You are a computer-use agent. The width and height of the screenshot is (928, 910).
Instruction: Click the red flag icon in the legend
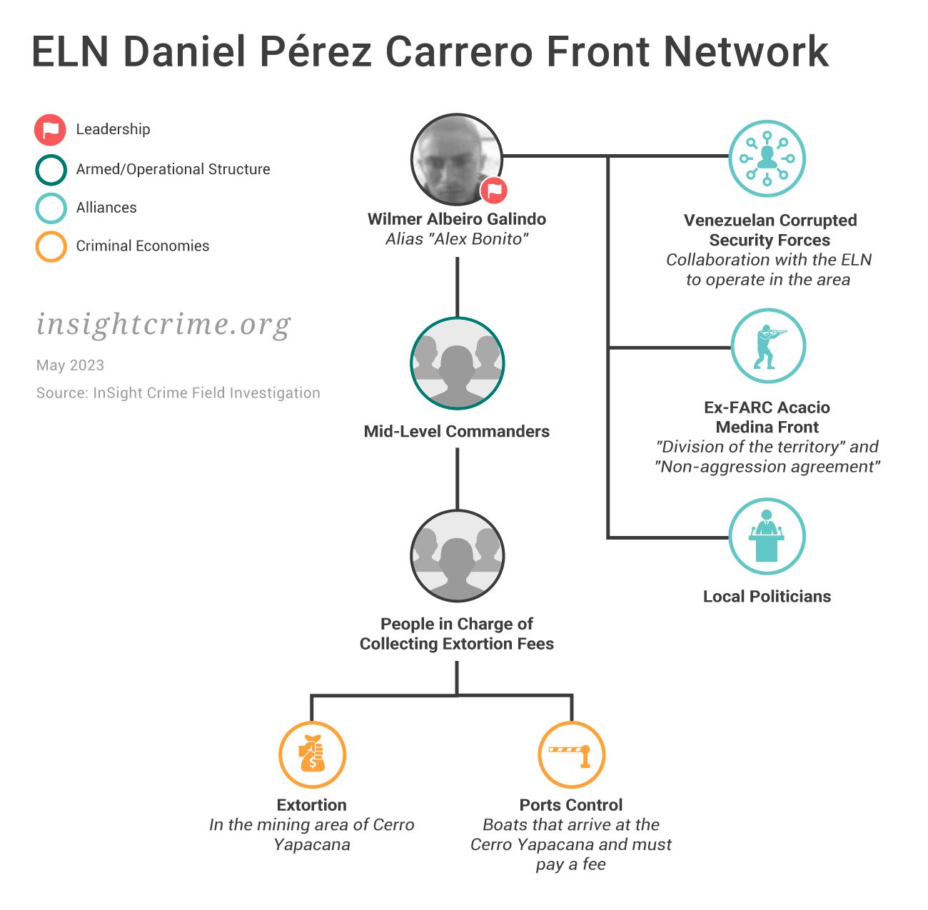pos(51,130)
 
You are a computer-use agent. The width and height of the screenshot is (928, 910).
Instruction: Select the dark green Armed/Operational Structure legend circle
pos(51,170)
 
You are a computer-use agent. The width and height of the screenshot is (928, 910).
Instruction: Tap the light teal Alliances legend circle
pos(51,208)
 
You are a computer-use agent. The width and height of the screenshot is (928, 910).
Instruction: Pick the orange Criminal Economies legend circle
pos(51,247)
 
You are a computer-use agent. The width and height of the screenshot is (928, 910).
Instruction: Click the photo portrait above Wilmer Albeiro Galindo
pos(457,158)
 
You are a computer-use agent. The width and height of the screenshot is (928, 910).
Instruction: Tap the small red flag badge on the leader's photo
pos(493,191)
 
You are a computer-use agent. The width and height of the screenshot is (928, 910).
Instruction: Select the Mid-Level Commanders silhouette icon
pos(457,363)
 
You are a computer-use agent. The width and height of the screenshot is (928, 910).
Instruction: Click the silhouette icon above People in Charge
pos(457,556)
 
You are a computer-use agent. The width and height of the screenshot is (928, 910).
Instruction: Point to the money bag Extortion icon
pos(312,754)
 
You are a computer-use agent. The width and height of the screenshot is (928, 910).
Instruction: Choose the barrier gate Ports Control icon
pos(571,754)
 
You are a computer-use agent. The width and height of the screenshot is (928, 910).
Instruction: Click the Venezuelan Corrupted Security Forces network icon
pos(767,158)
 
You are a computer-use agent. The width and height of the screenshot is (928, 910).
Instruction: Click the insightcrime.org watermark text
pos(163,325)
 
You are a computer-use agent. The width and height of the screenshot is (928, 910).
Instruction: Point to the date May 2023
pos(70,365)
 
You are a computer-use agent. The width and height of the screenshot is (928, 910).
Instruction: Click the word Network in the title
pos(746,51)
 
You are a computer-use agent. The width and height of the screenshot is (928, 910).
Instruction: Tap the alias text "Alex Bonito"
pos(457,239)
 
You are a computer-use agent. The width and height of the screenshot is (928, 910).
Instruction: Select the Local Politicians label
pos(767,597)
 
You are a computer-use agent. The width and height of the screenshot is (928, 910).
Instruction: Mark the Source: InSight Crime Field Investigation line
pos(178,393)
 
